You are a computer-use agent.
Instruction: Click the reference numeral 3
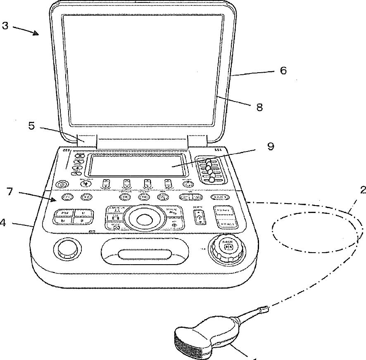tap(5, 26)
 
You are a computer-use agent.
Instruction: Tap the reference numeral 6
tap(283, 71)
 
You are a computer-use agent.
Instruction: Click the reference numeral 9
tap(271, 147)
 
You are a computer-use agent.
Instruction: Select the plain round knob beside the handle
tap(67, 249)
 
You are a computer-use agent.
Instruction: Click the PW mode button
tap(65, 213)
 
